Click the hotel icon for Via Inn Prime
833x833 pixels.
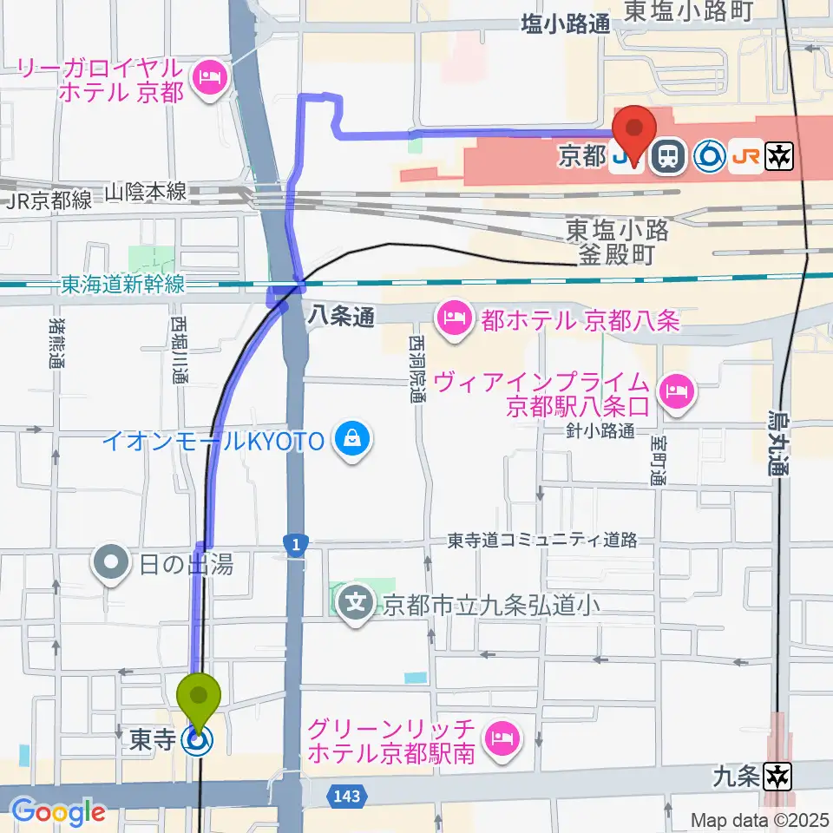click(674, 392)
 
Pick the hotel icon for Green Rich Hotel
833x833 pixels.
click(501, 739)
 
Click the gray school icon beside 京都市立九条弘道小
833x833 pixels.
click(357, 601)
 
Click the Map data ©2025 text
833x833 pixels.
click(760, 819)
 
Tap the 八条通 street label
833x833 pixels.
click(340, 318)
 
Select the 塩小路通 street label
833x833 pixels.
click(566, 25)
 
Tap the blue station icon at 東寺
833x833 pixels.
click(199, 740)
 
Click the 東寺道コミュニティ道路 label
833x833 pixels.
click(542, 541)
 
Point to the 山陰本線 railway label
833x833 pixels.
click(146, 192)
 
